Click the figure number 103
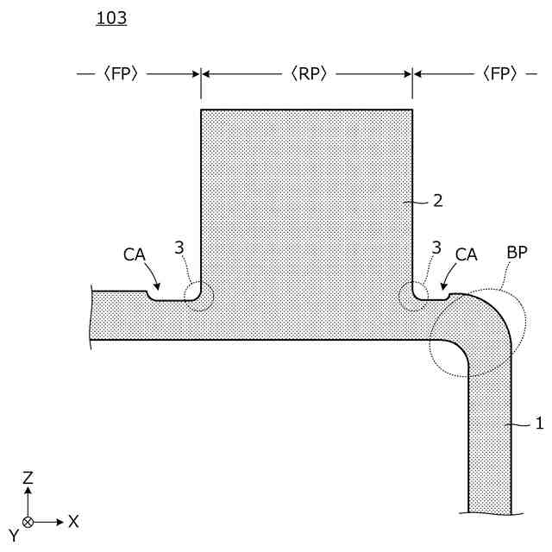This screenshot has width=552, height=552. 112,18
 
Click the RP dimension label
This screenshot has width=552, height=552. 306,74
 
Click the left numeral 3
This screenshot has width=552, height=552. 179,248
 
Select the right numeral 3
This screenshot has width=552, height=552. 437,248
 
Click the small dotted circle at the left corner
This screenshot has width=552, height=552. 199,296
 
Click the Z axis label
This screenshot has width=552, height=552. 28,477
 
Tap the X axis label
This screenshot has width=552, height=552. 74,521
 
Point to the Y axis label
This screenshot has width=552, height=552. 13,535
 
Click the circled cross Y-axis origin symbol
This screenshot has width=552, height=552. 28,522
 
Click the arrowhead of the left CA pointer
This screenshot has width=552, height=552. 159,291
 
